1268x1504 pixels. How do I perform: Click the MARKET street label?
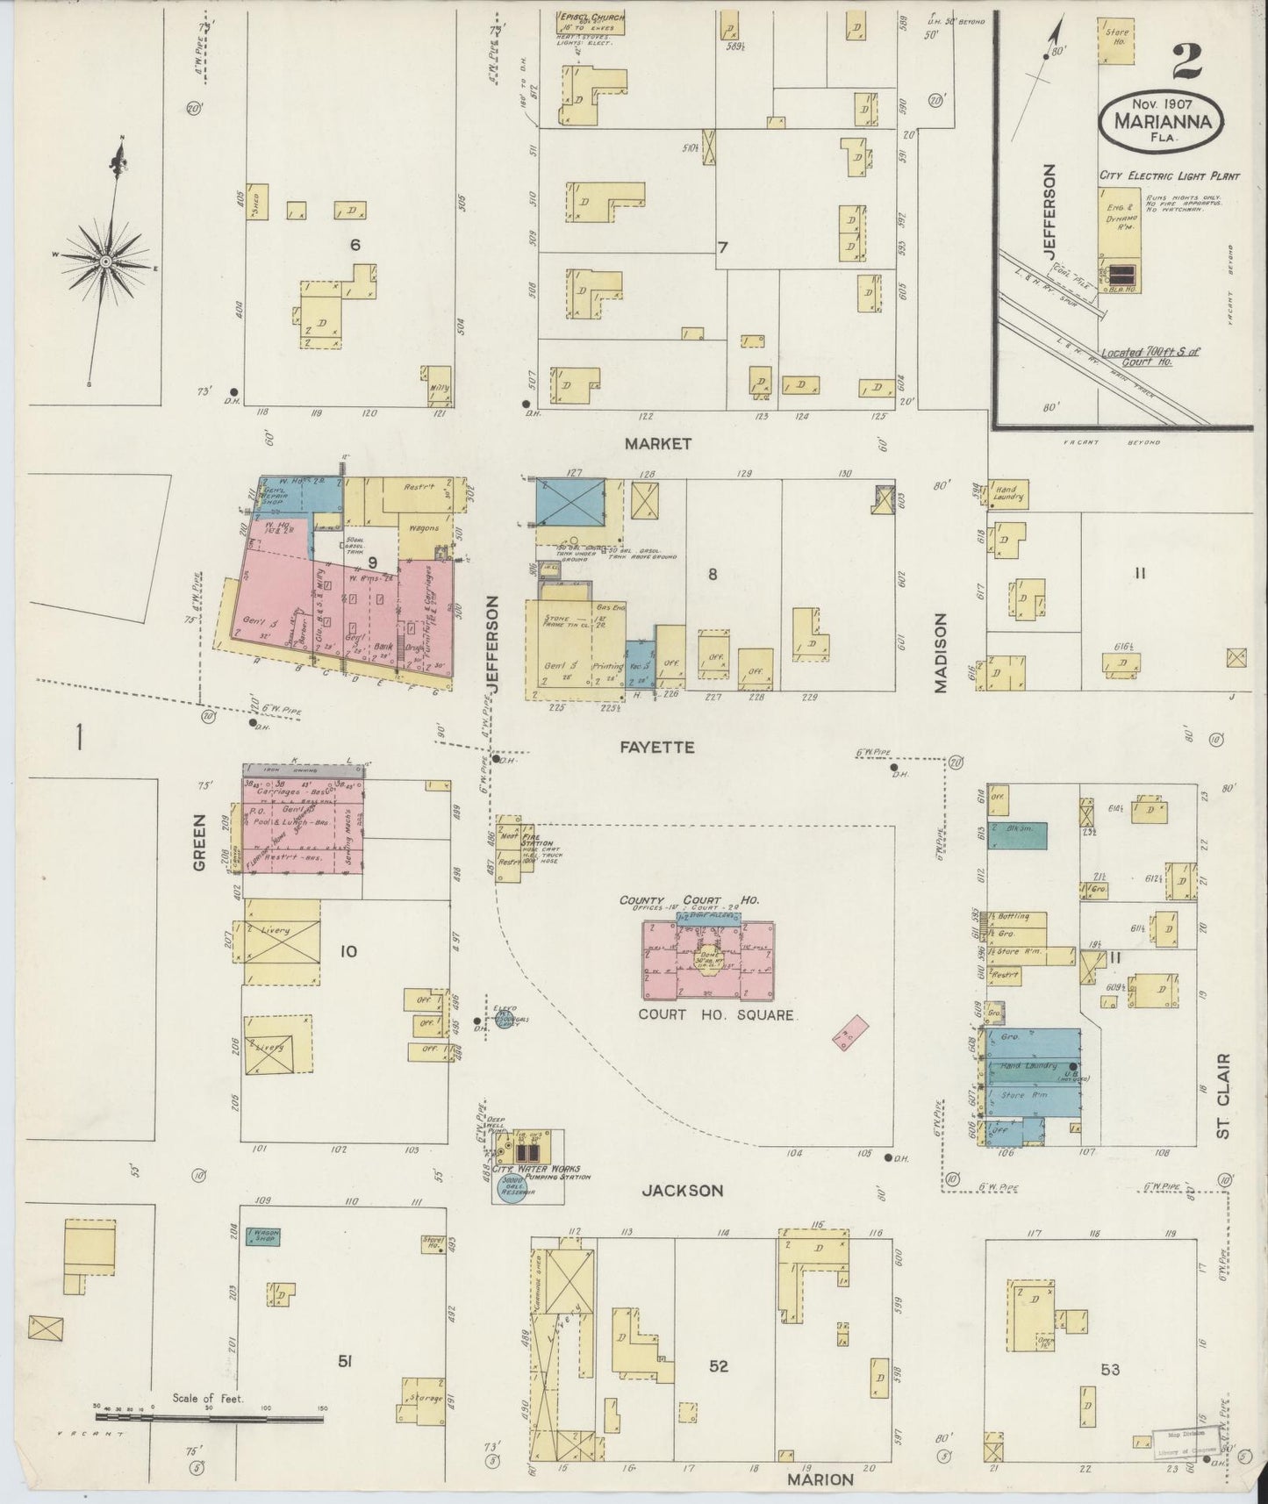pyautogui.click(x=657, y=444)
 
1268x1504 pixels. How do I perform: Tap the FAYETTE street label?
pyautogui.click(x=657, y=748)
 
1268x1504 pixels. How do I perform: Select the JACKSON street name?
pyautogui.click(x=682, y=1191)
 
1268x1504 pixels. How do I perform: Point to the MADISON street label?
pyautogui.click(x=942, y=653)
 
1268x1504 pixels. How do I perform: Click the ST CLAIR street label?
pyautogui.click(x=1223, y=1096)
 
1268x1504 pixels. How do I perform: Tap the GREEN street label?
pyautogui.click(x=199, y=842)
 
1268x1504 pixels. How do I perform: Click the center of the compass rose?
pyautogui.click(x=104, y=261)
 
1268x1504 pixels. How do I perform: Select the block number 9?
pyautogui.click(x=372, y=562)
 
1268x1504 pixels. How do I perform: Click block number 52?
pyautogui.click(x=718, y=1366)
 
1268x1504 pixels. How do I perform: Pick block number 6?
pyautogui.click(x=355, y=245)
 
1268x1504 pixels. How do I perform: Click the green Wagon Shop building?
pyautogui.click(x=262, y=1235)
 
